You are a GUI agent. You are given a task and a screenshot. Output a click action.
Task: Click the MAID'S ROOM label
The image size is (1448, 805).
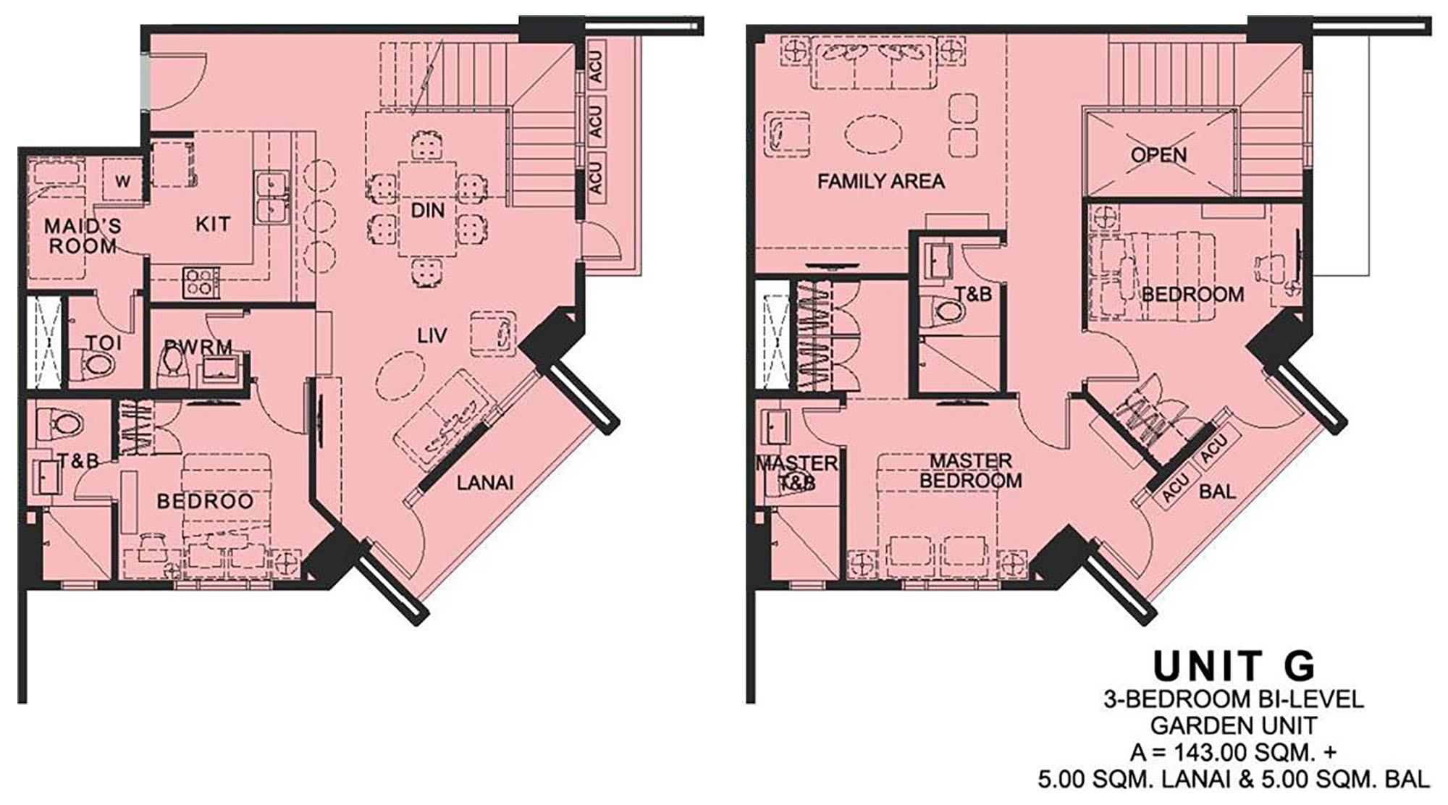pos(83,236)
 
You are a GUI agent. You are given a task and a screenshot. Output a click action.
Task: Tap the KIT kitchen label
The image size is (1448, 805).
pos(213,224)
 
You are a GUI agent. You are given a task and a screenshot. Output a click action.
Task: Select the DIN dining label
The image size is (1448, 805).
pos(427,211)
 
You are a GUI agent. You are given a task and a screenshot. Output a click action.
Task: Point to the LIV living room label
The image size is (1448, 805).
pos(432,335)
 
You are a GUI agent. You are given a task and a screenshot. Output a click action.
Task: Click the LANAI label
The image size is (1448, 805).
pos(485,482)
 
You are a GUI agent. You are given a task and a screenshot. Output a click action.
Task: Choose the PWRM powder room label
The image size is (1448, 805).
pos(198,347)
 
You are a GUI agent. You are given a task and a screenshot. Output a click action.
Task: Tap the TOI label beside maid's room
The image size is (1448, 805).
pos(104,342)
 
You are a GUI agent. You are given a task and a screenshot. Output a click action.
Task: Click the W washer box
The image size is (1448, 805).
pos(122,181)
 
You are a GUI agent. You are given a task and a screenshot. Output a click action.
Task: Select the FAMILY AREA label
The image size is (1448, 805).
pos(881,181)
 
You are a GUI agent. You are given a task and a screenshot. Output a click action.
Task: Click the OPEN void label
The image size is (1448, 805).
pos(1158,155)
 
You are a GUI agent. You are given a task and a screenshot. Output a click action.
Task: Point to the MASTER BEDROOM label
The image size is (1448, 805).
pos(971,471)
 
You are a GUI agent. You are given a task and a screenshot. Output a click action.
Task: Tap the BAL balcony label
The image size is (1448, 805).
pos(1217,492)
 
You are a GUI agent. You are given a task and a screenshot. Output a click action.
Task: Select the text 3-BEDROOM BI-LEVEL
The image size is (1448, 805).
pos(1234,699)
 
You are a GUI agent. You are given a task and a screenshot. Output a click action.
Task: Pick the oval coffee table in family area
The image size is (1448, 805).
pos(874,135)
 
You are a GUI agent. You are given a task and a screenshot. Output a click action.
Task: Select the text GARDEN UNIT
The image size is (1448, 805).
pos(1234,725)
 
